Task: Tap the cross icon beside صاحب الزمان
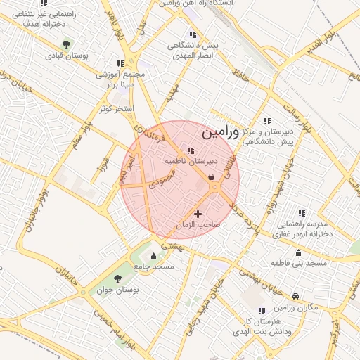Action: pyautogui.click(x=198, y=214)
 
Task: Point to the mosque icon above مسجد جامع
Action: pyautogui.click(x=153, y=256)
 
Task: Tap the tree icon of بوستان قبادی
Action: pyautogui.click(x=66, y=44)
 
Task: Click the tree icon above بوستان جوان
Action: pyautogui.click(x=117, y=278)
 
